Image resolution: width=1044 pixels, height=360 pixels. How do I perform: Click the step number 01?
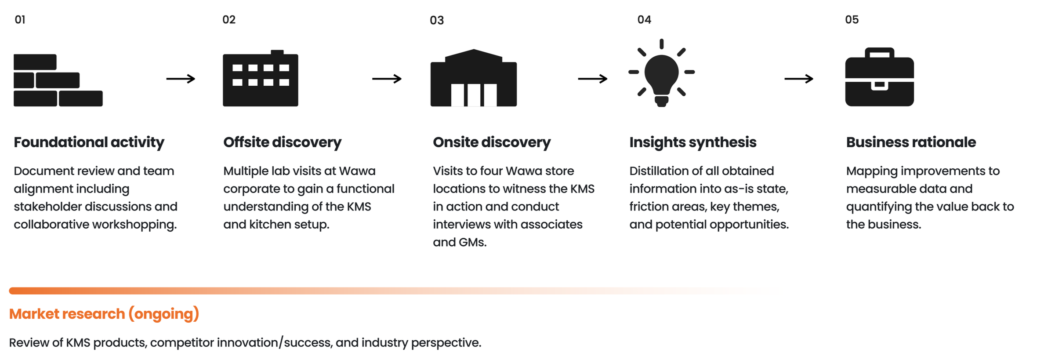click(x=20, y=20)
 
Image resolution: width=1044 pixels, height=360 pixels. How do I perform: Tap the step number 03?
click(x=437, y=20)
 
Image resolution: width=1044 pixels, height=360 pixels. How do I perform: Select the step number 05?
click(x=852, y=20)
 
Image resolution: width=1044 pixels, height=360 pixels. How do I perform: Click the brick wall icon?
click(x=58, y=80)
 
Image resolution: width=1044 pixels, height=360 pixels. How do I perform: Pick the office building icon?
click(x=261, y=78)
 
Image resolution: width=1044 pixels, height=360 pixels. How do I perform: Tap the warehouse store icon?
click(x=474, y=78)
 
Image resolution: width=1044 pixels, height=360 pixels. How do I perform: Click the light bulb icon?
click(x=661, y=73)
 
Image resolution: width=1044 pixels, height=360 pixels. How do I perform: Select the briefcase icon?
click(x=880, y=77)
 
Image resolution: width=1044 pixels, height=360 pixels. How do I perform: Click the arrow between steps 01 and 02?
click(x=181, y=79)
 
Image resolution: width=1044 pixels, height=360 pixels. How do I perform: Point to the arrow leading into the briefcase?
click(x=799, y=79)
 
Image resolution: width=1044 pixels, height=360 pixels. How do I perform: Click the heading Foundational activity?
click(x=89, y=142)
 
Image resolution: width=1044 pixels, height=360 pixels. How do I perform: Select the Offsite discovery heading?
click(x=282, y=142)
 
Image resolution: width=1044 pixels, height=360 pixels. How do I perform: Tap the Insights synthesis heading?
click(x=693, y=142)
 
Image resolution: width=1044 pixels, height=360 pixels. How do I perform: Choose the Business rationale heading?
click(x=911, y=142)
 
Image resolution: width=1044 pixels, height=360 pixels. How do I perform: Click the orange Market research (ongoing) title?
click(x=104, y=314)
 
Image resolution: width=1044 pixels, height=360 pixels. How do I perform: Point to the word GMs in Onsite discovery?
click(x=473, y=242)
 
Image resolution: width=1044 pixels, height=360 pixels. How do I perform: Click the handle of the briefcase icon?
click(x=880, y=51)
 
